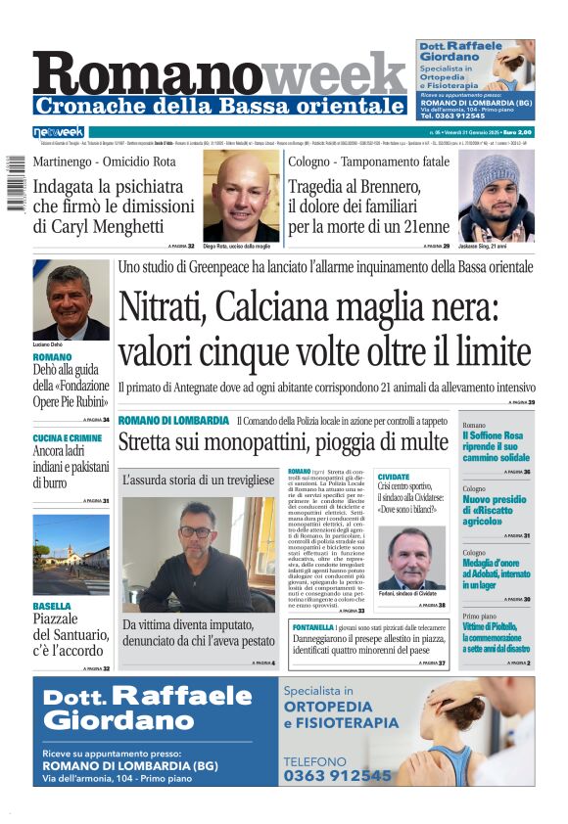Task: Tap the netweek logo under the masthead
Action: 59,132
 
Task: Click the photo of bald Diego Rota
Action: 241,196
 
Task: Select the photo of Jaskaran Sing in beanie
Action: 496,196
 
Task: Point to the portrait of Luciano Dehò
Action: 71,299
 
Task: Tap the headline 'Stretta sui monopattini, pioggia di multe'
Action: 283,442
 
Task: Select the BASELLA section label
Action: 52,606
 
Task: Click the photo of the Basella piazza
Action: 71,554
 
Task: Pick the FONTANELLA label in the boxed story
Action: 340,626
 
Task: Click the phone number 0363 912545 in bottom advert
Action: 337,775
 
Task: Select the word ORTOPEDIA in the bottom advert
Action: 328,707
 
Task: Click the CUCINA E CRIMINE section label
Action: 67,438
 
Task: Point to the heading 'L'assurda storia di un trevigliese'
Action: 198,480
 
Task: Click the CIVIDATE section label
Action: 394,476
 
